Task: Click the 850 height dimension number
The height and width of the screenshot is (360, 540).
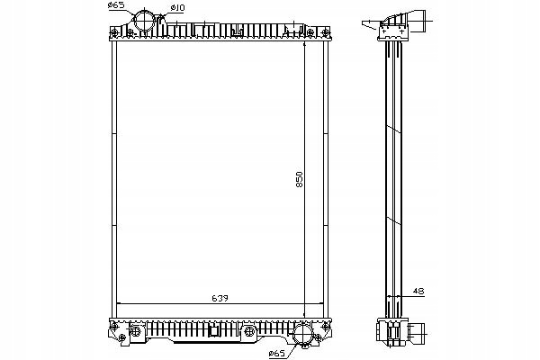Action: (300, 179)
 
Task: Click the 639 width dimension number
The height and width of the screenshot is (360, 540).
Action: (220, 298)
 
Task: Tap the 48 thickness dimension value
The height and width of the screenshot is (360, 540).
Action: (418, 292)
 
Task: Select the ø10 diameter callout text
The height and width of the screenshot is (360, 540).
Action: (177, 7)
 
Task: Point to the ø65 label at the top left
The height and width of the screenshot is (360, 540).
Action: (116, 5)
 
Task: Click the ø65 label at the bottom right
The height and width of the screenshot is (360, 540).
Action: (277, 354)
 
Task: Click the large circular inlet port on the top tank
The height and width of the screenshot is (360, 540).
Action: (145, 21)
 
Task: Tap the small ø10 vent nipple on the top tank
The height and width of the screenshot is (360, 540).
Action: (161, 25)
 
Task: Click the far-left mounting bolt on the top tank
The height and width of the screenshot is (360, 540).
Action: (114, 33)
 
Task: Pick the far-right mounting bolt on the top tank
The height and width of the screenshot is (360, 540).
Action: (325, 33)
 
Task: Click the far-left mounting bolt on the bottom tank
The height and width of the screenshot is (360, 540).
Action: (114, 326)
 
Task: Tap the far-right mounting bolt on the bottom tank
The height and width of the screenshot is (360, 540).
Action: (326, 326)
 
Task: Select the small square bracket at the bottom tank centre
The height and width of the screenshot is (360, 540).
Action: (214, 331)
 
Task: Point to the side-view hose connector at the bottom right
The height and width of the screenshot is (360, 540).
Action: (416, 334)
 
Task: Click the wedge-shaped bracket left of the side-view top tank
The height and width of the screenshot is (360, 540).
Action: (371, 25)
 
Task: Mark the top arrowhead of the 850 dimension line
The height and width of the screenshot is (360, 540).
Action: (304, 44)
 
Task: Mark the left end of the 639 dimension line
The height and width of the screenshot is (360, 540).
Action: (117, 303)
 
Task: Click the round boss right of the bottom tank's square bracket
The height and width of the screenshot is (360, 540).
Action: (248, 331)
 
